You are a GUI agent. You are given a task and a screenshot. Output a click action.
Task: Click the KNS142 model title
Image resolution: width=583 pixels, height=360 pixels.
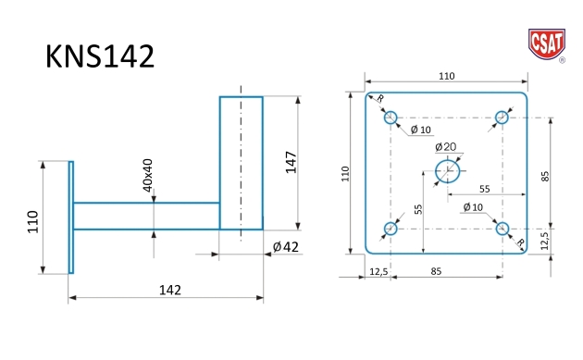click(x=100, y=56)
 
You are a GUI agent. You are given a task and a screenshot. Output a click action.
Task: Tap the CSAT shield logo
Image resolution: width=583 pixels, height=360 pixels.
click(x=547, y=44)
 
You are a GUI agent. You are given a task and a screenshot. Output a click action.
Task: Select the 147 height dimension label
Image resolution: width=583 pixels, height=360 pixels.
click(x=291, y=162)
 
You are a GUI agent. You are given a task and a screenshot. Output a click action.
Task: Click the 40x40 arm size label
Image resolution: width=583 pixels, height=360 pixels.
click(x=148, y=175)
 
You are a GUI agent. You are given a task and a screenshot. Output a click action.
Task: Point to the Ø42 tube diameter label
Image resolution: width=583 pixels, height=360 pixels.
click(x=286, y=246)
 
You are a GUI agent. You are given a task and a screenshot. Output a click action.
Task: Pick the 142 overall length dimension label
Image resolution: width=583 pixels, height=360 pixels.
click(x=170, y=290)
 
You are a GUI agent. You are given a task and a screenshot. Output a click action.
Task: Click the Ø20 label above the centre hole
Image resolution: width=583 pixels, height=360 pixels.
click(x=446, y=147)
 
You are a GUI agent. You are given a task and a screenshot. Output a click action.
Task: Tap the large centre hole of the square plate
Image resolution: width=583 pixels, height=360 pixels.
click(x=448, y=171)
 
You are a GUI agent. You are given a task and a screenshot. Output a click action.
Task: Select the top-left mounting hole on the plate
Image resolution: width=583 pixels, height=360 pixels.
click(x=391, y=118)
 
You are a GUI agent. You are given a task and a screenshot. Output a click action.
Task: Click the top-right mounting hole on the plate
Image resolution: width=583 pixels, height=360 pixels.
click(x=502, y=118)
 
